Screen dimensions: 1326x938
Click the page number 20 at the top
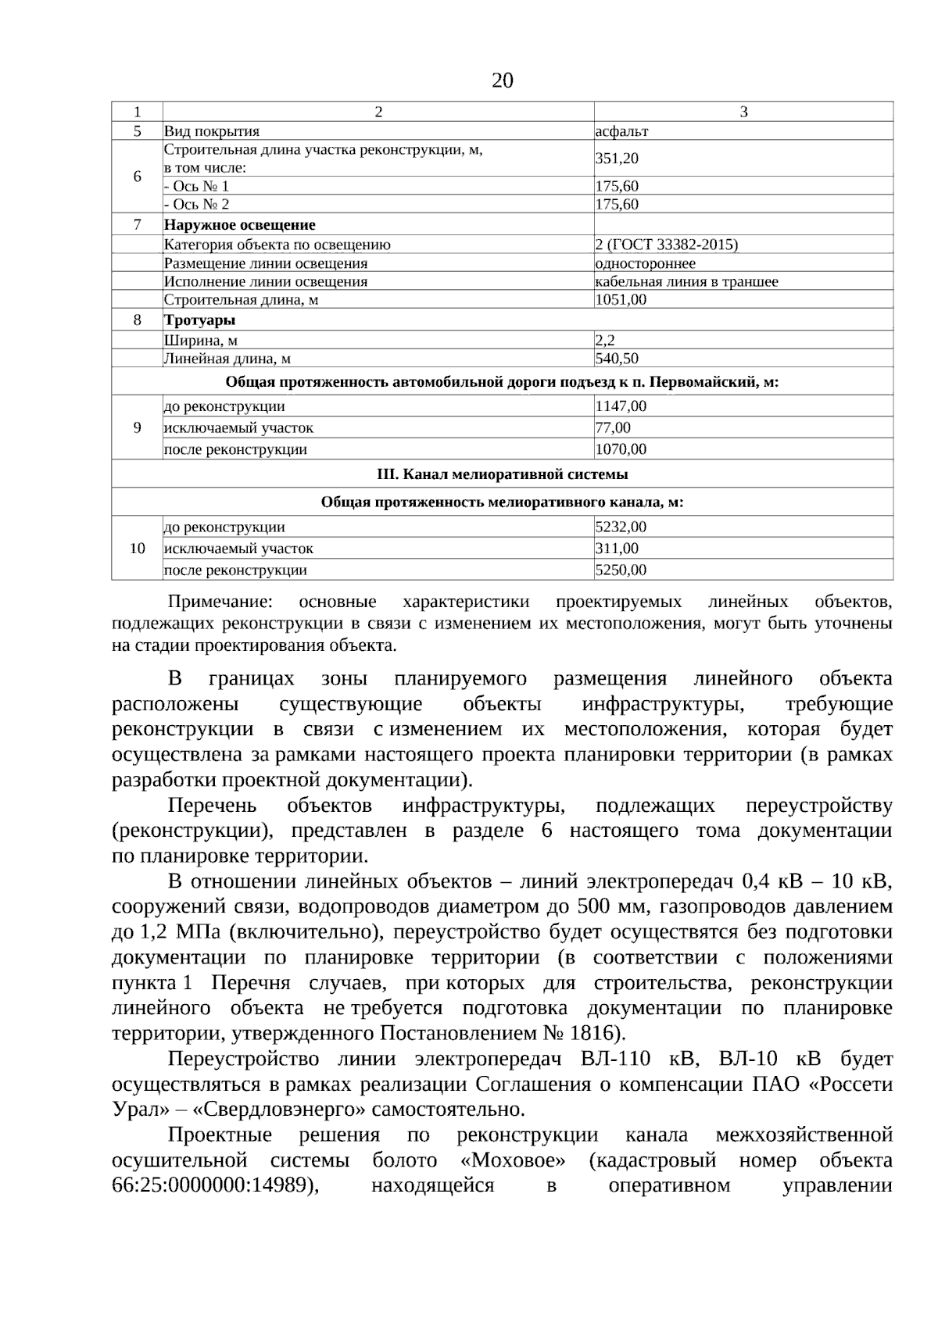pyautogui.click(x=503, y=80)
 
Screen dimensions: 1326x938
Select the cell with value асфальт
pyautogui.click(x=621, y=131)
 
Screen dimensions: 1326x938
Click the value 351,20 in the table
pyautogui.click(x=617, y=159)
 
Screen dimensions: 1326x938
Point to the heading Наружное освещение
pyautogui.click(x=239, y=225)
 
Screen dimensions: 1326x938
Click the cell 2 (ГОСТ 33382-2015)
pyautogui.click(x=666, y=245)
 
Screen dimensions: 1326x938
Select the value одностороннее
pyautogui.click(x=645, y=263)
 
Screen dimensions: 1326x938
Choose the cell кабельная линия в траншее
pyautogui.click(x=686, y=281)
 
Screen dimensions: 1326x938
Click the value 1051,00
pyautogui.click(x=621, y=299)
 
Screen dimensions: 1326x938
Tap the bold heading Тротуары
pyautogui.click(x=199, y=320)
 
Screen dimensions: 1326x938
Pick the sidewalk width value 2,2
pyautogui.click(x=605, y=340)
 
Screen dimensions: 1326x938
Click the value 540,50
pyautogui.click(x=617, y=359)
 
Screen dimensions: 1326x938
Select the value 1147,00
pyautogui.click(x=621, y=406)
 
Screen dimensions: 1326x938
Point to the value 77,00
pyautogui.click(x=613, y=427)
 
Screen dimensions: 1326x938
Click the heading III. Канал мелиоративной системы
pyautogui.click(x=502, y=474)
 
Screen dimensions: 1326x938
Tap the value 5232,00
pyautogui.click(x=621, y=527)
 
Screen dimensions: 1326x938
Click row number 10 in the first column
pyautogui.click(x=137, y=549)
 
